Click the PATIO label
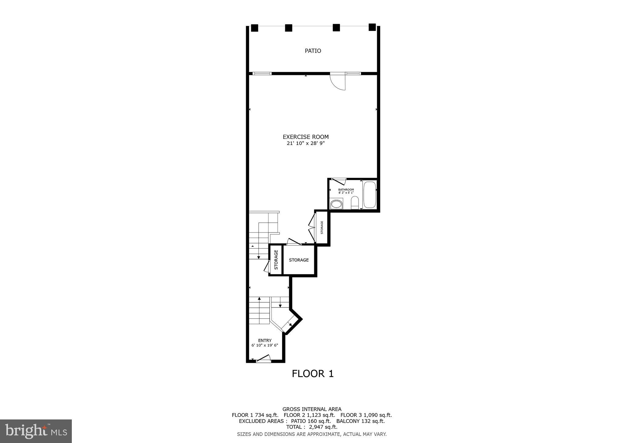313,51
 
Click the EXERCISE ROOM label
305,137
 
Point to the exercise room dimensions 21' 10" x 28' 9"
305,143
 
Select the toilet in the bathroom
355,203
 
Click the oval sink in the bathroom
336,204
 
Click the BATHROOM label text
346,190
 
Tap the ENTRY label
265,341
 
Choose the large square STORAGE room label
299,260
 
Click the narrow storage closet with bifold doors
322,227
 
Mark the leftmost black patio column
255,28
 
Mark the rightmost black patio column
372,27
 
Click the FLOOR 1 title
312,374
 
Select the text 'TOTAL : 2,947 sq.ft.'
311,427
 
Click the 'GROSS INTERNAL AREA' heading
312,409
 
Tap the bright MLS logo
36,431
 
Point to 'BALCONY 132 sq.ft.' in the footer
360,421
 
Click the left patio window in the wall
262,73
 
